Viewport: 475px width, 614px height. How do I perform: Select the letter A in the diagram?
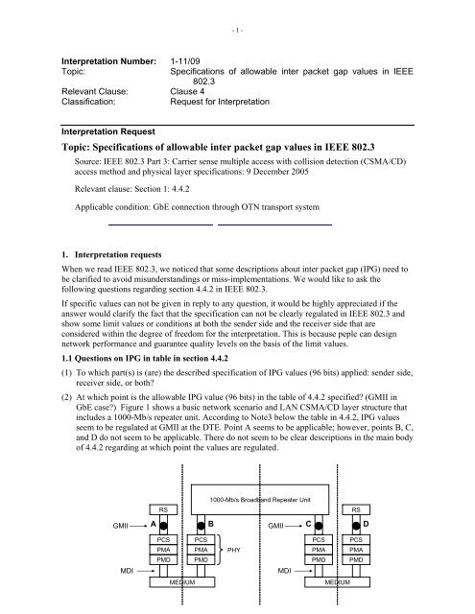click(141, 526)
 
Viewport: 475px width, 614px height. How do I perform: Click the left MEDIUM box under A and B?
click(182, 580)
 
